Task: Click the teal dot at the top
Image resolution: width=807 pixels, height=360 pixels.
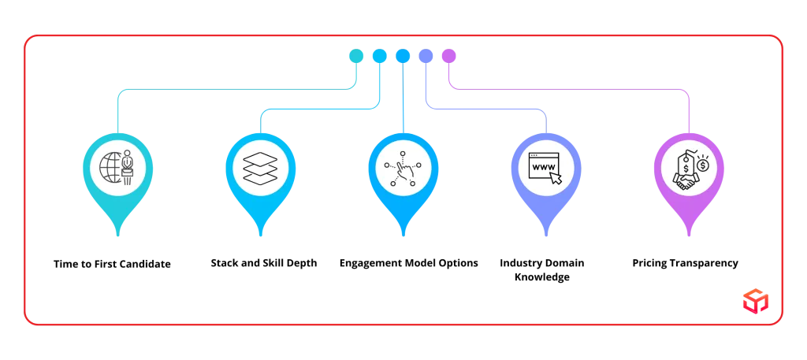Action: pyautogui.click(x=356, y=56)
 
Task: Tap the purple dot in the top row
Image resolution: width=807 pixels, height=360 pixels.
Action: pyautogui.click(x=448, y=56)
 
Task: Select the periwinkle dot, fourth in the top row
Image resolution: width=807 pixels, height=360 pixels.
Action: pyautogui.click(x=426, y=56)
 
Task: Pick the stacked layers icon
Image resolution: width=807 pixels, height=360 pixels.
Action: pyautogui.click(x=260, y=168)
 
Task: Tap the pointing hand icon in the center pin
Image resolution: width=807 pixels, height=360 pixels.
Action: pyautogui.click(x=403, y=168)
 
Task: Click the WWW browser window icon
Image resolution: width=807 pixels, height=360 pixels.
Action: pyautogui.click(x=546, y=168)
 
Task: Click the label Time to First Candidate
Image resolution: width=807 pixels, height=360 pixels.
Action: pyautogui.click(x=112, y=265)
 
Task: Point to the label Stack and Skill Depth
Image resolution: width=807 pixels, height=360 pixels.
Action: pyautogui.click(x=264, y=263)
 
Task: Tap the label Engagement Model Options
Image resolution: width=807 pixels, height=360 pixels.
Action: pyautogui.click(x=409, y=263)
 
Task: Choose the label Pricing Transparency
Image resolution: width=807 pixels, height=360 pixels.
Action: pyautogui.click(x=685, y=263)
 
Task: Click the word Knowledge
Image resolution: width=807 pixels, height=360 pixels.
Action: pyautogui.click(x=541, y=277)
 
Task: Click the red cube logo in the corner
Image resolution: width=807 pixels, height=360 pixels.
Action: pyautogui.click(x=755, y=300)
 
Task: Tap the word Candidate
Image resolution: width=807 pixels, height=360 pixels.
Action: pyautogui.click(x=146, y=265)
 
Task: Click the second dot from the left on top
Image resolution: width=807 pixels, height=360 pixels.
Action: pyautogui.click(x=379, y=56)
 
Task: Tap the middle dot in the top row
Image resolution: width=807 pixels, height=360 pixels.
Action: pyautogui.click(x=403, y=56)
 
